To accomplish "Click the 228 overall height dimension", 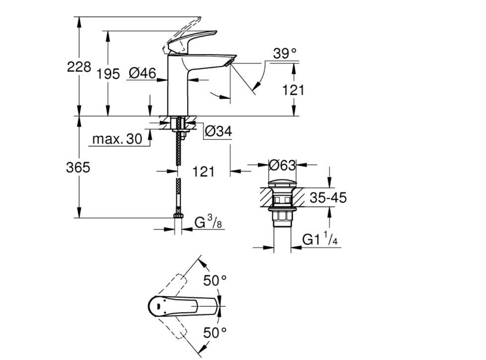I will pos(79,67).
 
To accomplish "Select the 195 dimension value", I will pos(108,74).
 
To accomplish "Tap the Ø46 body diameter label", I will pos(142,74).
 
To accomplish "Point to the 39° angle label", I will pos(284,54).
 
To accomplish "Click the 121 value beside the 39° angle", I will pos(293,90).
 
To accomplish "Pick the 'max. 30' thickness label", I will pos(117,139).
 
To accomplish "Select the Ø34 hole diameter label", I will pos(218,131).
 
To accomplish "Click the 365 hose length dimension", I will pos(78,168).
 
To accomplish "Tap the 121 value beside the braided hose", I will pos(203,172).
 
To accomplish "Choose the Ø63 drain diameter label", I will pos(282,164).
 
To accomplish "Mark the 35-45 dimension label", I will pos(327,198).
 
